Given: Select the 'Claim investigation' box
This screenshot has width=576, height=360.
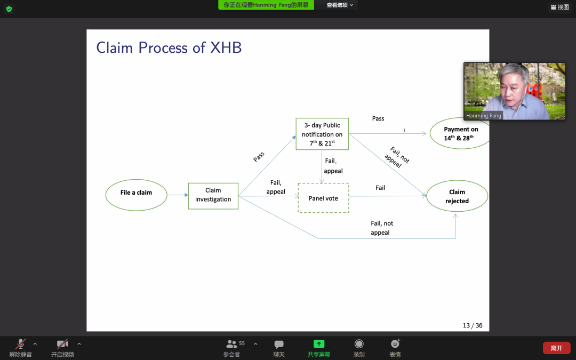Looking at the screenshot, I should [213, 195].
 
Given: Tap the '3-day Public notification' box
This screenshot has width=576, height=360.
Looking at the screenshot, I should [322, 134].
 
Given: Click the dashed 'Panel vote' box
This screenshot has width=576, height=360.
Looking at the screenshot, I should [323, 198].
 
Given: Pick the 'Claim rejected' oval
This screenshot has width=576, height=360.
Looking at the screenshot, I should [457, 196].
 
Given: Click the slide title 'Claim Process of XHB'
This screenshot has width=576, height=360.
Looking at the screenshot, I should [169, 47].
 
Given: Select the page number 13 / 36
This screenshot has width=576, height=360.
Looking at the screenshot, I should [473, 325].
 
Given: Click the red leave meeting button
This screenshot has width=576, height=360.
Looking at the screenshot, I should [556, 348].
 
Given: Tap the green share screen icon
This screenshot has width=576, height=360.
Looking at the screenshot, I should [318, 344].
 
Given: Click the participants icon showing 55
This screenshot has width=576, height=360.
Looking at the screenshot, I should [232, 344].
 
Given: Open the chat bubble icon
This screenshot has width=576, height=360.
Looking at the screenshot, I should [279, 344].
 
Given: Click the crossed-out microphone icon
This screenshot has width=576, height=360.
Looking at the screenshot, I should [21, 344].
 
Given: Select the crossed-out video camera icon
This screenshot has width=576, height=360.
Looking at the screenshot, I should [62, 344].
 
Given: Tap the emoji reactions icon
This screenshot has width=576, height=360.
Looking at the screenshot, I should [395, 344].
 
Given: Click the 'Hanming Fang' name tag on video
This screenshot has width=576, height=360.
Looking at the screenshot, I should [483, 116].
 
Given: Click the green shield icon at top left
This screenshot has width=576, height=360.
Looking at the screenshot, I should [9, 9].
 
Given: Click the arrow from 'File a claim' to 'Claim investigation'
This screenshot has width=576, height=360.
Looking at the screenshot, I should [178, 195].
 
